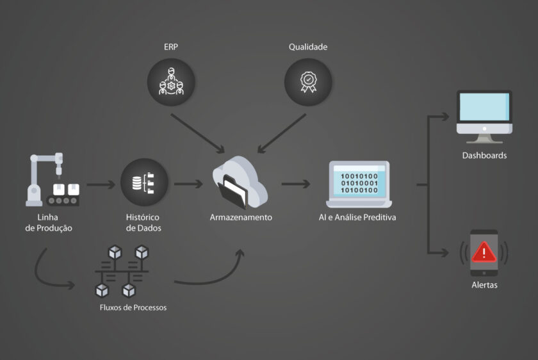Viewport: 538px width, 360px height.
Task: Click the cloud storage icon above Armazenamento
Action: (240, 182)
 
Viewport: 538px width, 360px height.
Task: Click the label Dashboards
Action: (484, 155)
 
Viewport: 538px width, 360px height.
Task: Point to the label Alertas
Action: (484, 285)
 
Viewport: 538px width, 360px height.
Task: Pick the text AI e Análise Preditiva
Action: (357, 217)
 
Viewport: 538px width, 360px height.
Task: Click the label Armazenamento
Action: (241, 217)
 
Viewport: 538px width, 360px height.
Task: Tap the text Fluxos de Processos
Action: (133, 307)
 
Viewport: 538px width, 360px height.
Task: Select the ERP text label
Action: (170, 47)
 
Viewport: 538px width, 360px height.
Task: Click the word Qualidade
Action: (307, 47)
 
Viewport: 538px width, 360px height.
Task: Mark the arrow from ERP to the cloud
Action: (199, 134)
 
